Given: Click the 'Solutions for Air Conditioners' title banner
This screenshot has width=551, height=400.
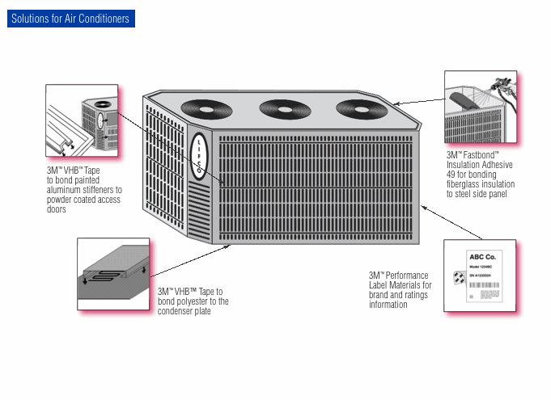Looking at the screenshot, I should click(70, 19).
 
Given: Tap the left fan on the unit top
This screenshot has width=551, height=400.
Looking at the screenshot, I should click(205, 108).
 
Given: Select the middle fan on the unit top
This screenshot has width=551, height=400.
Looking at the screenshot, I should click(282, 107).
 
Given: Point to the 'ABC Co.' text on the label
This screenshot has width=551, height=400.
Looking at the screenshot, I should click(480, 257).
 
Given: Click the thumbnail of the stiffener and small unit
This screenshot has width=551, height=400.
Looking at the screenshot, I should click(82, 121).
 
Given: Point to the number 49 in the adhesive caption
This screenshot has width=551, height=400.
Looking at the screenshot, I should click(451, 174).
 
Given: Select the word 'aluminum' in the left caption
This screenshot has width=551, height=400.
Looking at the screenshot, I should click(65, 190).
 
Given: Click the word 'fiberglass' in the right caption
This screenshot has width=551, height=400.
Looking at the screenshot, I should click(464, 184).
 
